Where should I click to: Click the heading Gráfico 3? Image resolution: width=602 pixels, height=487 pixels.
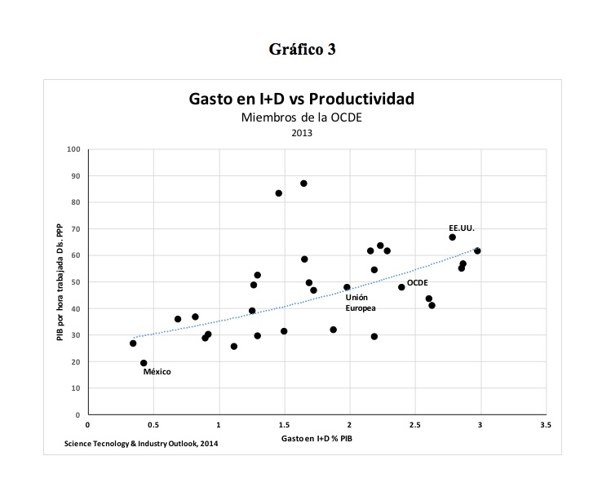302,49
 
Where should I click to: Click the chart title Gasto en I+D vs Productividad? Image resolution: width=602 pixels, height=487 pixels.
302,100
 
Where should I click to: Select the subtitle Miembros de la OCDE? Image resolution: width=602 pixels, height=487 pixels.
301,118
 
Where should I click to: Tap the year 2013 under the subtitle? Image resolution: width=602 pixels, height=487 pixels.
302,133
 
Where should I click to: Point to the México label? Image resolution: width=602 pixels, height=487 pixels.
157,372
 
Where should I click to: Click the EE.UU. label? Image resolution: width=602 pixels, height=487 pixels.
461,227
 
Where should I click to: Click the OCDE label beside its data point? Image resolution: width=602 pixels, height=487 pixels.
418,282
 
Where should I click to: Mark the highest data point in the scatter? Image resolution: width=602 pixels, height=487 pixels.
303,184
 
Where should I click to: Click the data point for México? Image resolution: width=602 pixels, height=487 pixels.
144,363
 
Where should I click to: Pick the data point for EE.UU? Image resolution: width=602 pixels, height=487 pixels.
452,237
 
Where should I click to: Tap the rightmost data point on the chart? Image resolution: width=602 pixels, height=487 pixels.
477,250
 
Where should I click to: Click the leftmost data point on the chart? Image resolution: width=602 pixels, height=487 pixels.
133,343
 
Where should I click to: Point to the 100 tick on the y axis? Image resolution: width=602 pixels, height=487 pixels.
74,149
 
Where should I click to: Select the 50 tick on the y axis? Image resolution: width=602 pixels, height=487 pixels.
76,282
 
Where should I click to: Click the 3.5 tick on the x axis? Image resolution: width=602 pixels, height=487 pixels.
546,425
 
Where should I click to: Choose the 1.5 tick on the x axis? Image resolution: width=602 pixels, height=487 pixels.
284,425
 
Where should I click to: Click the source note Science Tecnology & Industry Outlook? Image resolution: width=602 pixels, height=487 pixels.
140,443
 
